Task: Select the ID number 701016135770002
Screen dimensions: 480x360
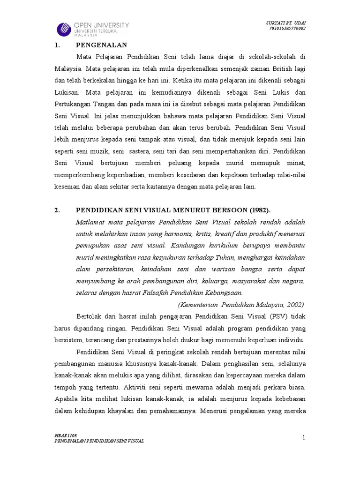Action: pos(287,29)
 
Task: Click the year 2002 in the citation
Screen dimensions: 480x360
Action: pos(293,304)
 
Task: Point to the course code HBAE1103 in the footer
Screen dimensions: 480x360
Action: pos(64,435)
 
